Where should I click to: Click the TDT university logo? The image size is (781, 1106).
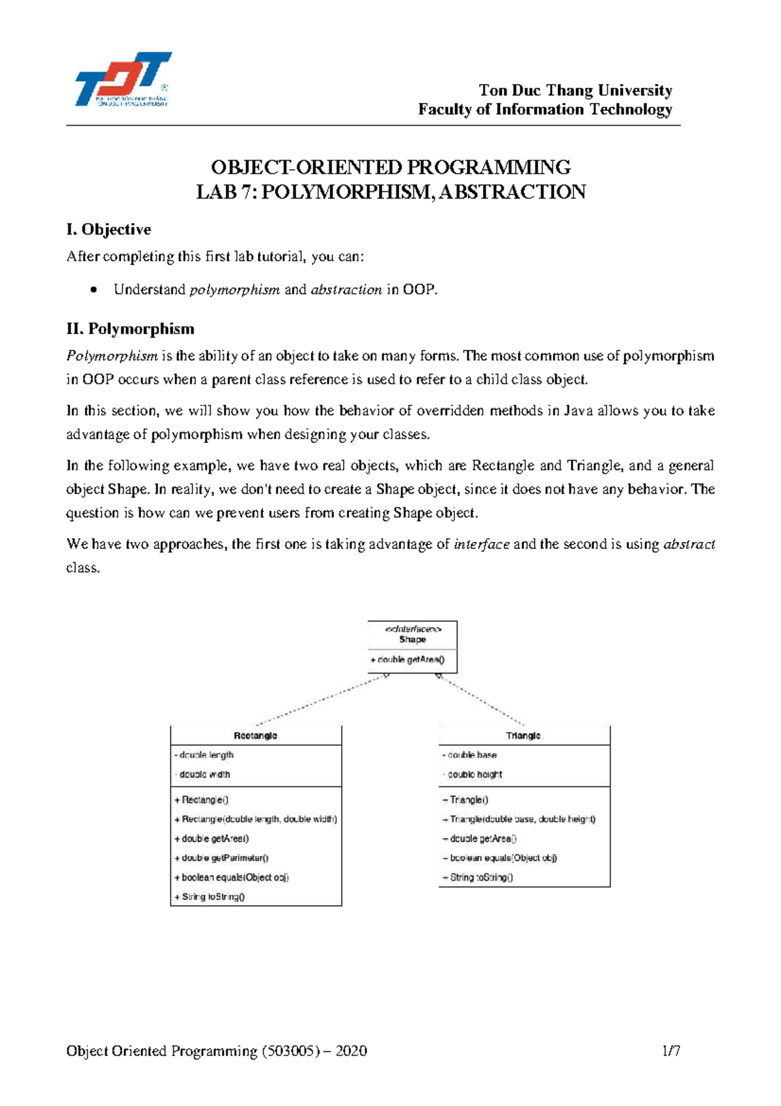(x=123, y=79)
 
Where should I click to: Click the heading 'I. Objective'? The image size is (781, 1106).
(x=109, y=229)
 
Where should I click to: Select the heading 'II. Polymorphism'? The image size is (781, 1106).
(x=130, y=329)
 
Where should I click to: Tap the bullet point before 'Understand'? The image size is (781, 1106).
(x=95, y=290)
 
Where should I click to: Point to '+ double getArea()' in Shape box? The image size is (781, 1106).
(x=408, y=660)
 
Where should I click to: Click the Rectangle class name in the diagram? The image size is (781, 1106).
(x=255, y=735)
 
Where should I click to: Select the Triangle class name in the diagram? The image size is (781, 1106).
(x=523, y=735)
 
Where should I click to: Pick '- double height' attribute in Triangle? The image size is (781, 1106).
(x=473, y=774)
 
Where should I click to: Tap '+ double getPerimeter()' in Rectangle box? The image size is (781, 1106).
(x=221, y=858)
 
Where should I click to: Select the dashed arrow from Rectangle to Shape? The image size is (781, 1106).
(x=322, y=700)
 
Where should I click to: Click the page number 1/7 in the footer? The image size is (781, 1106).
(x=671, y=1051)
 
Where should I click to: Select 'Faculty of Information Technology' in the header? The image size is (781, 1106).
(x=545, y=109)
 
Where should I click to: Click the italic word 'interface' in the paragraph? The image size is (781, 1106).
(x=482, y=545)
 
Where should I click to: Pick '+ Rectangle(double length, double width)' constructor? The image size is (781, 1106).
(x=256, y=819)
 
